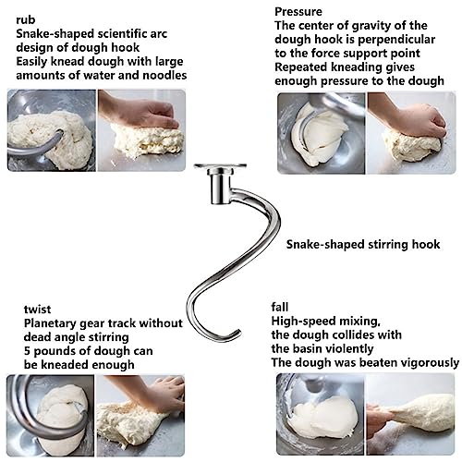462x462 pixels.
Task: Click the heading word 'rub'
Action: coord(26,20)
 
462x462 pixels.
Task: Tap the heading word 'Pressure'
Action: coord(298,12)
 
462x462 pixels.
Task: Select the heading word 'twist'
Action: coord(37,309)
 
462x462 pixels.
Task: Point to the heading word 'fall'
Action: coord(280,307)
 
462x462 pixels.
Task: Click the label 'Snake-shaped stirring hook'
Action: coord(363,244)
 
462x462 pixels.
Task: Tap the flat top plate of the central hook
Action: coord(220,166)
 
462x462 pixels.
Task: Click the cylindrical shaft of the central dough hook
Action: coord(220,188)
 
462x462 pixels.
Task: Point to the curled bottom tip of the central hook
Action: coord(237,333)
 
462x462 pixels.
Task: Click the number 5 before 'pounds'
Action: coord(27,351)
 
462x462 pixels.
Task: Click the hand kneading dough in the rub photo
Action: coord(140,111)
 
